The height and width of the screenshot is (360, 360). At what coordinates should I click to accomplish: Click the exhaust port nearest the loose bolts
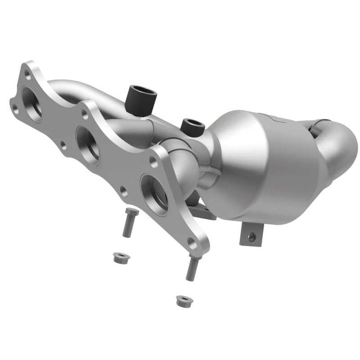(153, 189)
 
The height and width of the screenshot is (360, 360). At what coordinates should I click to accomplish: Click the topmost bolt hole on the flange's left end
(27, 72)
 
